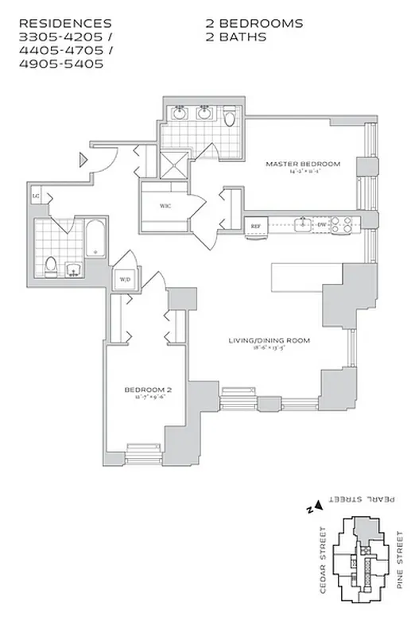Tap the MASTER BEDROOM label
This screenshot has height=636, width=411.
(302, 165)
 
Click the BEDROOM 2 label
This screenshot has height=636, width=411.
(149, 390)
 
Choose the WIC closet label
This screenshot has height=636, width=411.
(165, 206)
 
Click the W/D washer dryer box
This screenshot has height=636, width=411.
(125, 280)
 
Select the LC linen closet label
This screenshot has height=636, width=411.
(36, 195)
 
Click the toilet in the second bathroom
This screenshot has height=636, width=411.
(50, 264)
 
